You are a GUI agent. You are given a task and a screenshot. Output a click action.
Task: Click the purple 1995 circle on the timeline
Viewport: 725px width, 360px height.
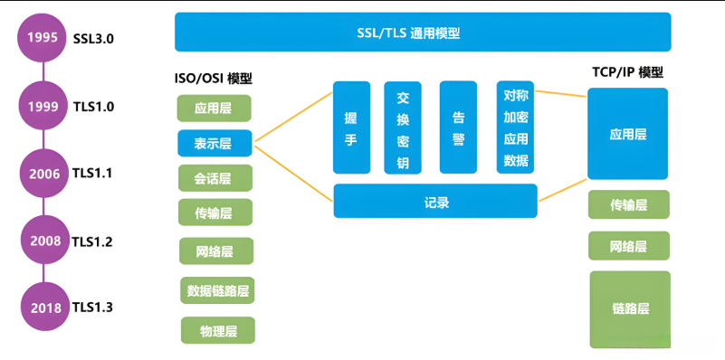point(43,38)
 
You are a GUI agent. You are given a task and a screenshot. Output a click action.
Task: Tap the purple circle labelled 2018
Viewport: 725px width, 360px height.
point(45,308)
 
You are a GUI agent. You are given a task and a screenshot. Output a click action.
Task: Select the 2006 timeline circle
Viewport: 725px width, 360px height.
point(43,173)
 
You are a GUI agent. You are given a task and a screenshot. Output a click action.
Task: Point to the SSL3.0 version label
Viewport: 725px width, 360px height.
point(93,38)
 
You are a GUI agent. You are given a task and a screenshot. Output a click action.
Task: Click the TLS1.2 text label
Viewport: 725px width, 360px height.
point(93,242)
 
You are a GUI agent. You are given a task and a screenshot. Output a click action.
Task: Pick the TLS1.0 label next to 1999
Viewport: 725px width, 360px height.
point(93,106)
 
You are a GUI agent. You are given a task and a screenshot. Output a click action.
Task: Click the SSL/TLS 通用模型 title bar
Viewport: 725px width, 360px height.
point(423,33)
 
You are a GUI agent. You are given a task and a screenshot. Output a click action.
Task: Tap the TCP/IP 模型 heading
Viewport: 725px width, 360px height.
point(628,72)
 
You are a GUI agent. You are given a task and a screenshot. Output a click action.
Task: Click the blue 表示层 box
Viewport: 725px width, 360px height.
point(215,143)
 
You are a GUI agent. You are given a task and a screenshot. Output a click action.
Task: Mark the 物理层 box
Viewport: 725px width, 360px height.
point(217,330)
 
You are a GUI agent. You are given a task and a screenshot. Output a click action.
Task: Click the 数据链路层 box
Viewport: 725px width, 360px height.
point(217,291)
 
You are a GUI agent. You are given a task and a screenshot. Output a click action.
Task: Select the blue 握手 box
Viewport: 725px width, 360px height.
point(352,127)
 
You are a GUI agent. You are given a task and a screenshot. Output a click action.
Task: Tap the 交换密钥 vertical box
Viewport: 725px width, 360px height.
point(403,127)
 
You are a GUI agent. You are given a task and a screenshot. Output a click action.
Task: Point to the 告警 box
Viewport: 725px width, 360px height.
point(458,127)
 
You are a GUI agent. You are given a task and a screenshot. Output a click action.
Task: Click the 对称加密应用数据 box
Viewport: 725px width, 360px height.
point(515,127)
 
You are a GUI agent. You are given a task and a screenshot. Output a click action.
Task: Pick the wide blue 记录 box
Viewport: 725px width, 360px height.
point(435,201)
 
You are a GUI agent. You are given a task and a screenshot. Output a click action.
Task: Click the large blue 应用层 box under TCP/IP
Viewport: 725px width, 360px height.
point(627,134)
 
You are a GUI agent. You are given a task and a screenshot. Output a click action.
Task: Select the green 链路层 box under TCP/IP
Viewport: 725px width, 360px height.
point(630,308)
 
